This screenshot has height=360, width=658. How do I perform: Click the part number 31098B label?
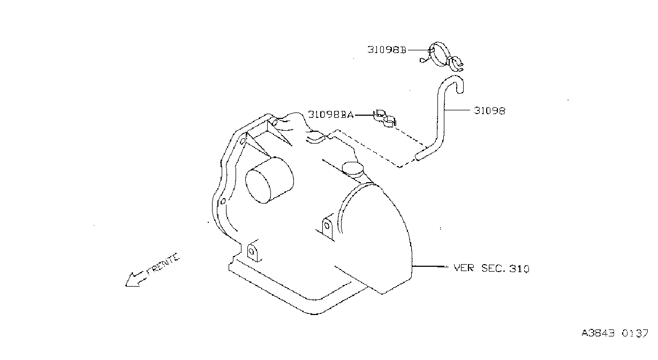pos(387,50)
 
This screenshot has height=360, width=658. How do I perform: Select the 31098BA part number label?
pos(331,114)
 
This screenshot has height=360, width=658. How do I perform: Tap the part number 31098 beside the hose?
pos(490,111)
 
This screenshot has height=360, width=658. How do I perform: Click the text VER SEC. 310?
pos(491,268)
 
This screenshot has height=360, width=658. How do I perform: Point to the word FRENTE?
pos(163,264)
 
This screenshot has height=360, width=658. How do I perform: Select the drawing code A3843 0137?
pos(615,333)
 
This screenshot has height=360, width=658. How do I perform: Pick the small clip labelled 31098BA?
pos(384,118)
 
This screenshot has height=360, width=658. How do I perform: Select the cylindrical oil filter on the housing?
pos(269,180)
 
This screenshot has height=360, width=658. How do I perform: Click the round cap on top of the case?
pos(352,168)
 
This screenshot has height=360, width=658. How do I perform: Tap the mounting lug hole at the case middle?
pos(327,226)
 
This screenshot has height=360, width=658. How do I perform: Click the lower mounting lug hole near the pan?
pos(251,252)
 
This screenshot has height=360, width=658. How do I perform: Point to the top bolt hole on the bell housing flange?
pos(274,121)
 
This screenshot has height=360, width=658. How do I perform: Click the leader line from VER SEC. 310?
pos(430,266)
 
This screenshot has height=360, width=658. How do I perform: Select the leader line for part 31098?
pos(457,110)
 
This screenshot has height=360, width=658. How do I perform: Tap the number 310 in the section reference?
pos(519,268)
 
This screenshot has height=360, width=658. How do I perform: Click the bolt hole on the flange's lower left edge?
pos(223,201)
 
